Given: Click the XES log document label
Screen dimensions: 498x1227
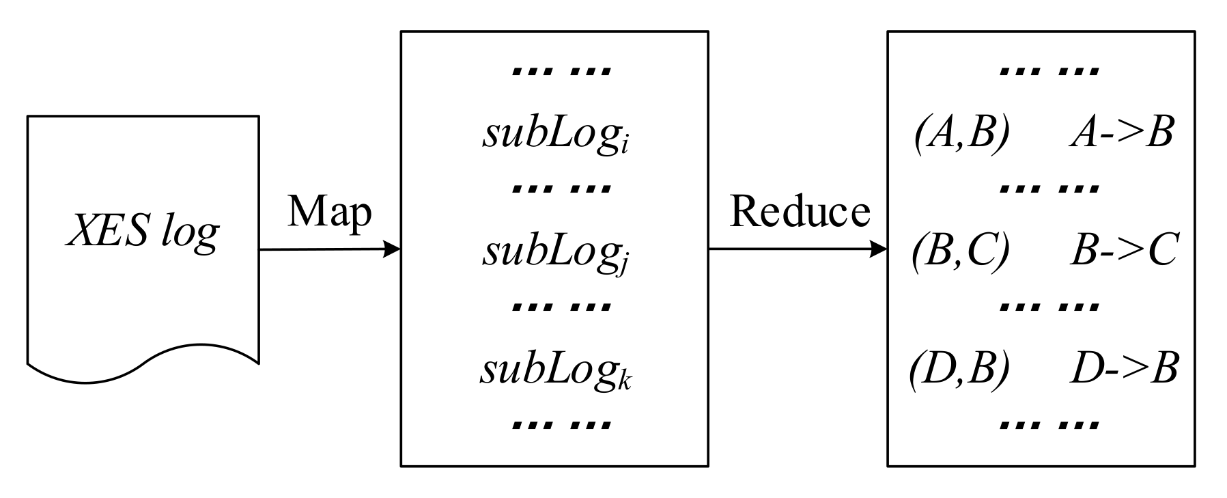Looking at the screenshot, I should click(x=142, y=232).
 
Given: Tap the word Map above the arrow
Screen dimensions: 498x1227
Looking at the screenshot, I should click(x=329, y=212).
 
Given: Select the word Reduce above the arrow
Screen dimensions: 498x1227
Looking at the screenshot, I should click(x=800, y=212).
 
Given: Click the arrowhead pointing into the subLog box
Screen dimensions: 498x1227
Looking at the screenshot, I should click(x=392, y=249).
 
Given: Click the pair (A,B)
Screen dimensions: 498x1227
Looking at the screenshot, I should click(x=961, y=133).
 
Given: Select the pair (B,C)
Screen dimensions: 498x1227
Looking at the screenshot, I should click(x=961, y=251).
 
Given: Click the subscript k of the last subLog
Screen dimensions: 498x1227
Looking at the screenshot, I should click(x=625, y=383).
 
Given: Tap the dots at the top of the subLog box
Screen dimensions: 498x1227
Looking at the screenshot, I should click(x=562, y=70).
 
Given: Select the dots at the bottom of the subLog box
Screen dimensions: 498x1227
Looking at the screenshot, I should click(x=562, y=425).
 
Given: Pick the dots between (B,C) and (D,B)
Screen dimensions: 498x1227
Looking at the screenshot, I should click(x=1049, y=306).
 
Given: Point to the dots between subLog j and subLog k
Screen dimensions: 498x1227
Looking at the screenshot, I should click(x=562, y=306).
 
